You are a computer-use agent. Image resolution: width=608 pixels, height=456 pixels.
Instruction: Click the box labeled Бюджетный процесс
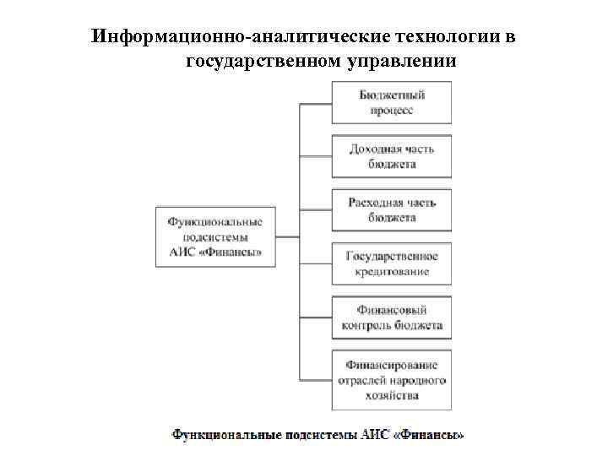(391, 103)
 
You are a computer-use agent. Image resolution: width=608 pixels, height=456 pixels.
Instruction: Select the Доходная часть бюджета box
(391, 156)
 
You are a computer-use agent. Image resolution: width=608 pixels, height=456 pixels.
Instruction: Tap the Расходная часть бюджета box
(391, 209)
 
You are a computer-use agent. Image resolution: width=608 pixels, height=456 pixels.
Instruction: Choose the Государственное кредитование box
(391, 263)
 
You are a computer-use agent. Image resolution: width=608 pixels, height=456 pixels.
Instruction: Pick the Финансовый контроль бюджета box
(391, 318)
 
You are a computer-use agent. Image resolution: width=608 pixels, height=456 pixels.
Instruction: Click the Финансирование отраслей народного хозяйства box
(391, 379)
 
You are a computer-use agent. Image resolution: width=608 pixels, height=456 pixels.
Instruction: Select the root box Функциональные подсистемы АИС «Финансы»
(214, 236)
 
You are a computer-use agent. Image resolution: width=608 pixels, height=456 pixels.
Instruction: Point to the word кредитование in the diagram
(391, 271)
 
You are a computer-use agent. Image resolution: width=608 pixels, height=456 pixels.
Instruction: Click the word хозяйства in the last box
(391, 394)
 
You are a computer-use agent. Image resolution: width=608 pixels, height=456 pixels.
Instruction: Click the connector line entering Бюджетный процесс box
(315, 103)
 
